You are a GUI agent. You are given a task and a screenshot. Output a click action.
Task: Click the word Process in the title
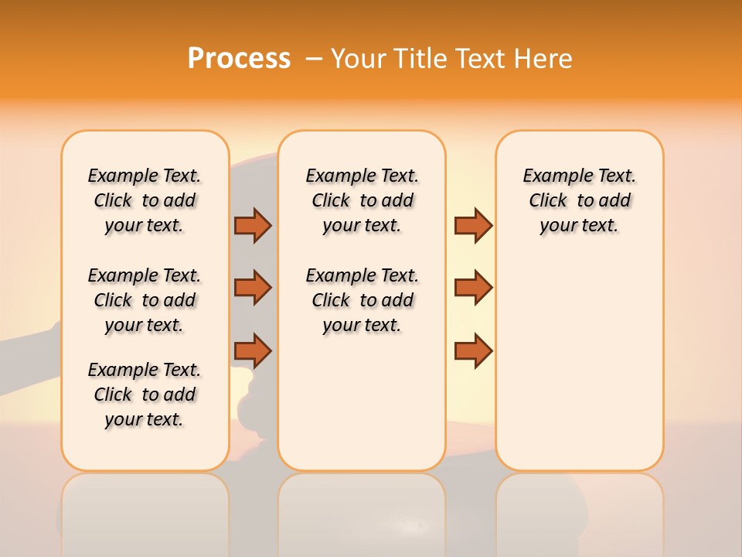[239, 59]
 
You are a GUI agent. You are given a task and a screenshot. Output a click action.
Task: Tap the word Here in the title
[543, 59]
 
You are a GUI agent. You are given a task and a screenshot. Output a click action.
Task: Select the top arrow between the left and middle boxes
[253, 225]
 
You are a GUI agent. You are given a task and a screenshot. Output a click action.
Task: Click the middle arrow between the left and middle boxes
[253, 288]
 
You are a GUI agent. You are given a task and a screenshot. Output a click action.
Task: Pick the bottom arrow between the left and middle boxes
[253, 350]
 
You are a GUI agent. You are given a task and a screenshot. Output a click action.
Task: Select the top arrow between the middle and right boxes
[473, 225]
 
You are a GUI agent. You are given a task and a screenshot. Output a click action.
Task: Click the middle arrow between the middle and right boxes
[473, 288]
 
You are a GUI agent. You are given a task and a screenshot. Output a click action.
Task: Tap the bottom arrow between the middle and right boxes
[473, 350]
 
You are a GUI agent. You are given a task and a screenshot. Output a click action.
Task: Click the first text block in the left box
[145, 200]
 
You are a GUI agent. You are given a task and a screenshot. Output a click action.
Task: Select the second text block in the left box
[145, 300]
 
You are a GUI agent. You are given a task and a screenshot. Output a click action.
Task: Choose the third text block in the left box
[145, 395]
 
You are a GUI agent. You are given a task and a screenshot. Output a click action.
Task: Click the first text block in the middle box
[362, 200]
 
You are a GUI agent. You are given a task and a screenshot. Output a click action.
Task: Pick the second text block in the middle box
[362, 300]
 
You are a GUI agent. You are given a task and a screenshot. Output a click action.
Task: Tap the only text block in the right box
[580, 200]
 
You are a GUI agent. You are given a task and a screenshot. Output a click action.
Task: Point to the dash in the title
[314, 59]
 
